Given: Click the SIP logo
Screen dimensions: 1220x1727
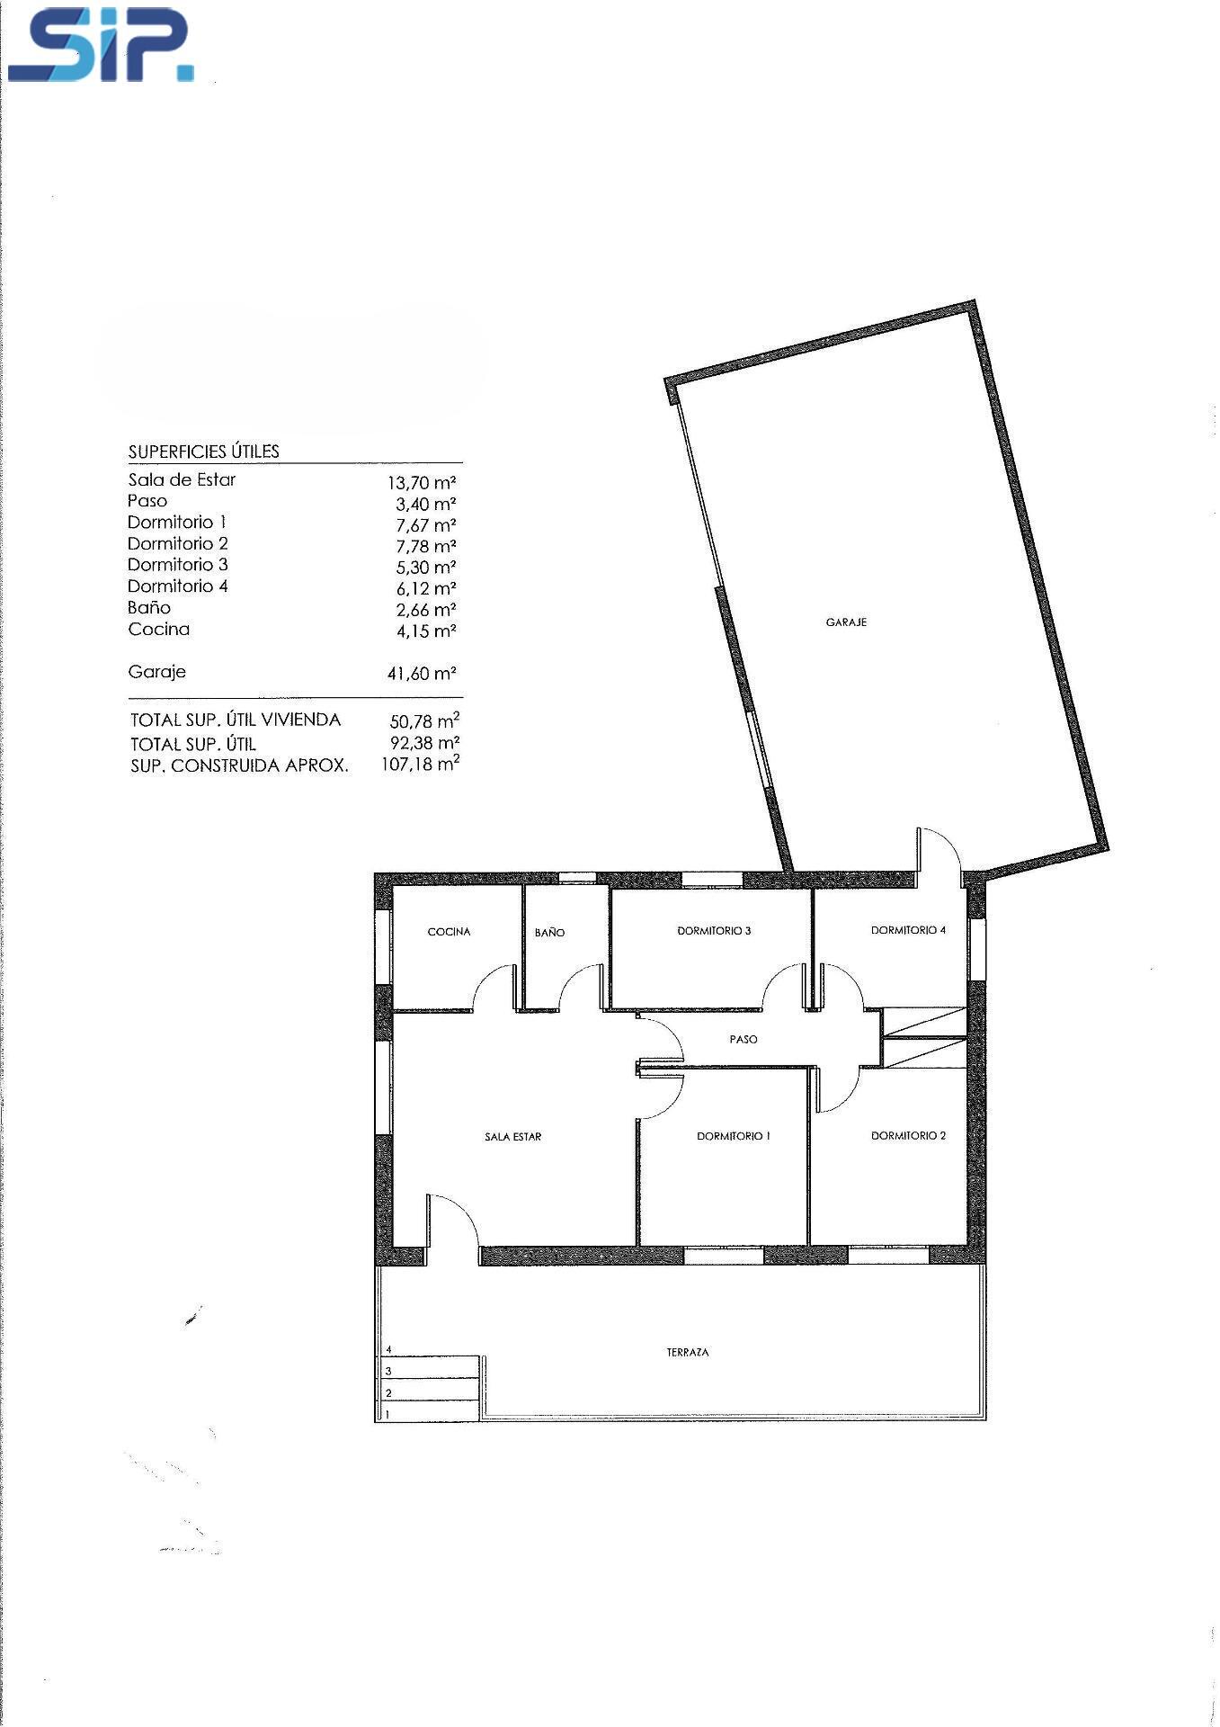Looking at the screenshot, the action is coord(101,45).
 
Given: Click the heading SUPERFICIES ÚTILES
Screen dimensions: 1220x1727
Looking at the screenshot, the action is coord(204,452).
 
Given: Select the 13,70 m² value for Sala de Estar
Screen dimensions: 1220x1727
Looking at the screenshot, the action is coord(423,482).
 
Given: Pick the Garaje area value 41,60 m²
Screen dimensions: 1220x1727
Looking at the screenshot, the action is coord(423,673).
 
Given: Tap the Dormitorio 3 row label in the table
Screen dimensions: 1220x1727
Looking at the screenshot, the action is coord(178,565).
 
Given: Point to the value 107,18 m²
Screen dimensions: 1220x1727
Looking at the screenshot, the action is coord(421,764).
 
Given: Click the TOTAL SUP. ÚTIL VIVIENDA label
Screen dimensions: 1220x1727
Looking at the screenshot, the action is coord(236,720).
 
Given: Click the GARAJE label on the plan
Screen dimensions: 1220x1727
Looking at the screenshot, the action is coord(846,622).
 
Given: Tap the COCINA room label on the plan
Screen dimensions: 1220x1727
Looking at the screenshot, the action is coord(449,931).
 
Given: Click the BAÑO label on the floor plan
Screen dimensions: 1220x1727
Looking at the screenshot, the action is coord(549,932).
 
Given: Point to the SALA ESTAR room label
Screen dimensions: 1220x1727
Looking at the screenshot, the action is coord(512,1136).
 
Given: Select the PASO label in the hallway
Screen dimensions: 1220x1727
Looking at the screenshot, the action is coord(744,1039).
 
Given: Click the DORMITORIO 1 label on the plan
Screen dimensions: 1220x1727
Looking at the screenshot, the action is coord(734,1136).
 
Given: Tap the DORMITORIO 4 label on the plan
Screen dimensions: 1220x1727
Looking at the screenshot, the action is coord(908,930).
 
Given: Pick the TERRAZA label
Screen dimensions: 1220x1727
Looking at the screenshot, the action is coord(688,1352).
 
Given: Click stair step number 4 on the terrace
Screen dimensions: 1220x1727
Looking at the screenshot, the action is coord(388,1349).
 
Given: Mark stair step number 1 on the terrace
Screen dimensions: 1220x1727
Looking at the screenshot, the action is coord(387,1414).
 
